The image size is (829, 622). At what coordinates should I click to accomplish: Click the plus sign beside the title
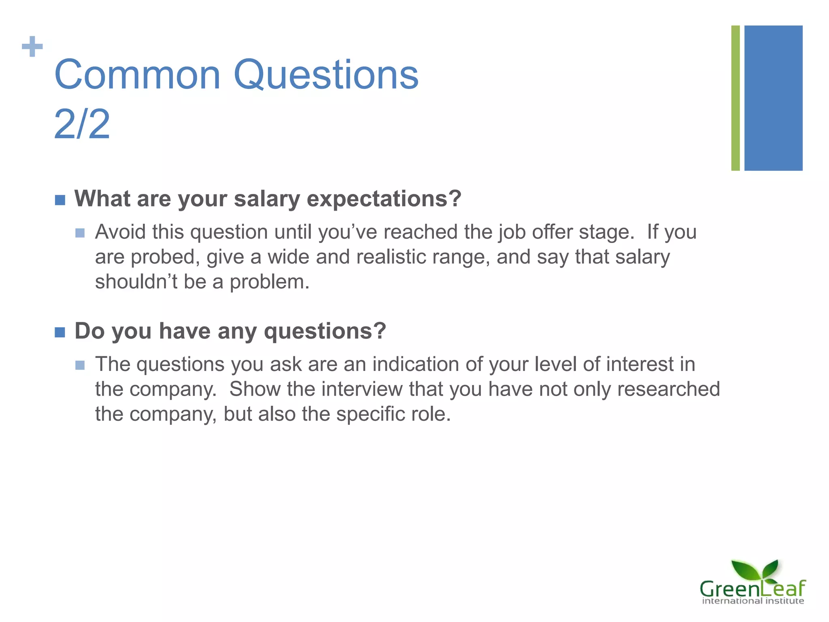pyautogui.click(x=32, y=47)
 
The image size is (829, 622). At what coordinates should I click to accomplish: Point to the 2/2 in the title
pyautogui.click(x=82, y=124)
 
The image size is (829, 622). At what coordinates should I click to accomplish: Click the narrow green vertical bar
pyautogui.click(x=735, y=98)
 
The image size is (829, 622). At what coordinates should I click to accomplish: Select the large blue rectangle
pyautogui.click(x=773, y=98)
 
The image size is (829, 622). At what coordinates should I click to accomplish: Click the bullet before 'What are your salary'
pyautogui.click(x=60, y=200)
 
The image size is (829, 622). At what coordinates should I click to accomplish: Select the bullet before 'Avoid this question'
pyautogui.click(x=80, y=233)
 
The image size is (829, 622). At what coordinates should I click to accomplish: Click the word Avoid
pyautogui.click(x=120, y=232)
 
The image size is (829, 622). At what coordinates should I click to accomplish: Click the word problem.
pyautogui.click(x=269, y=282)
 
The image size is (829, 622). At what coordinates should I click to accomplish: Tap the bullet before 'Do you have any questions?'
pyautogui.click(x=60, y=332)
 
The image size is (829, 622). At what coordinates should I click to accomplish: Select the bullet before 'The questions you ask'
pyautogui.click(x=80, y=365)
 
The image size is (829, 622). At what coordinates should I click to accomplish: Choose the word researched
pyautogui.click(x=668, y=389)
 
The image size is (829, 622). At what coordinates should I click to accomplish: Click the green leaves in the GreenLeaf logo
pyautogui.click(x=755, y=570)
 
